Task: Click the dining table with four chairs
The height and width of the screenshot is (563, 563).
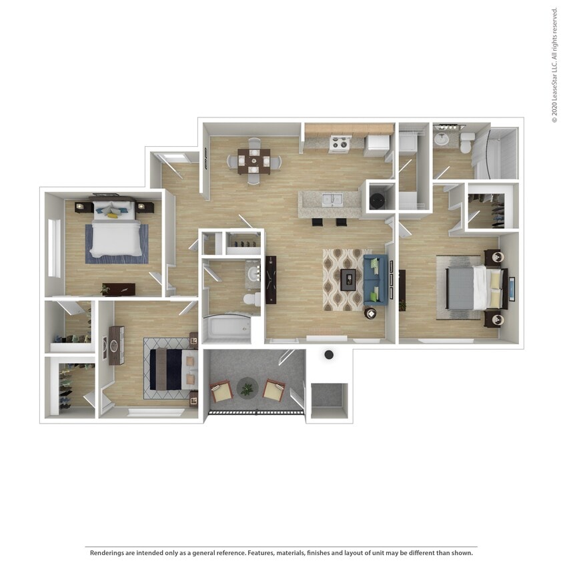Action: pyautogui.click(x=253, y=160)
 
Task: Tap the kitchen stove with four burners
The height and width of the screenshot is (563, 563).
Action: pyautogui.click(x=340, y=143)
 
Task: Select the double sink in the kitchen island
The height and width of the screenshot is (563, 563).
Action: pyautogui.click(x=332, y=199)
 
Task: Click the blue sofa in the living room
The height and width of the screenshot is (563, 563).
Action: pyautogui.click(x=376, y=279)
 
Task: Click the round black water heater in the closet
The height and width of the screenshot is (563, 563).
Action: pyautogui.click(x=378, y=199)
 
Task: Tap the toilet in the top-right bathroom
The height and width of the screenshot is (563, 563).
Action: pyautogui.click(x=466, y=141)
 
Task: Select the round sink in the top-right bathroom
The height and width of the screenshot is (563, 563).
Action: pyautogui.click(x=442, y=139)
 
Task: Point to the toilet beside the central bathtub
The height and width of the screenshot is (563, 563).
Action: pyautogui.click(x=252, y=300)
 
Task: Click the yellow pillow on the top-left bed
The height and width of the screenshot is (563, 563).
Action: pyautogui.click(x=113, y=215)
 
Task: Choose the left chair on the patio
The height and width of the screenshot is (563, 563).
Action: pyautogui.click(x=221, y=392)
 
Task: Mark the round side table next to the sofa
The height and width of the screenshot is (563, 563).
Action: pyautogui.click(x=370, y=313)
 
